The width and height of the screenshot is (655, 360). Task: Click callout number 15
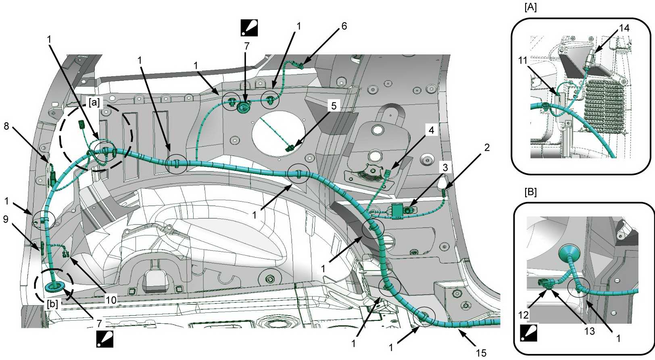[x=481, y=353]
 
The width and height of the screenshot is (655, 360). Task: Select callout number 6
[x=344, y=26]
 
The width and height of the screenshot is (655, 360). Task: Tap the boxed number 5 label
[x=334, y=106]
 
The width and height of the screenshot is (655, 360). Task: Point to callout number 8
[x=6, y=126]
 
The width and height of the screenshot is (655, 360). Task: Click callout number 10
[x=111, y=300]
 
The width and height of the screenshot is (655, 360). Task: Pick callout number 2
[x=487, y=148]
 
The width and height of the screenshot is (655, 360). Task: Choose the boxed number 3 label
[x=445, y=167]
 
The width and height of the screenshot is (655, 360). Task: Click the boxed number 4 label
[x=431, y=130]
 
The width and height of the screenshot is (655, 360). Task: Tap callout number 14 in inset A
[x=624, y=28]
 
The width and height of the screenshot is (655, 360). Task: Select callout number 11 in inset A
[x=523, y=60]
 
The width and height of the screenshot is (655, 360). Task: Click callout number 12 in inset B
[x=524, y=314]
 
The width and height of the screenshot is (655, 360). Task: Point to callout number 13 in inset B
[x=590, y=331]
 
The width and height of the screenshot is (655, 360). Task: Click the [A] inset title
[x=530, y=7]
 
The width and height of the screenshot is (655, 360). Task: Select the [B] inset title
[x=530, y=192]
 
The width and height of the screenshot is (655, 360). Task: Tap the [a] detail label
[x=94, y=102]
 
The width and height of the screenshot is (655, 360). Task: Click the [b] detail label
[x=52, y=304]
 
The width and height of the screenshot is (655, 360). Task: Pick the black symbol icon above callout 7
[x=249, y=28]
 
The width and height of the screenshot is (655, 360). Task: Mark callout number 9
[x=6, y=220]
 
